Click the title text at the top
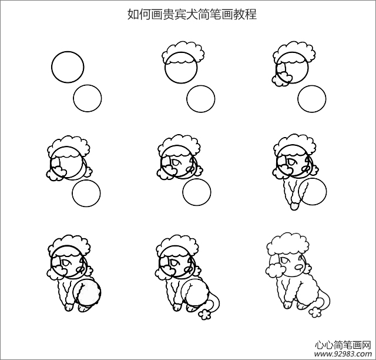click(192, 14)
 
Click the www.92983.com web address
click(343, 354)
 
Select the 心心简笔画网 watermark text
click(343, 345)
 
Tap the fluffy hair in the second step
click(183, 54)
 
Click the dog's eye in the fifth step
click(175, 162)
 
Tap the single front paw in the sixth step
click(295, 206)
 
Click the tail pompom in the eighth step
click(204, 314)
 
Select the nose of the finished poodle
click(299, 267)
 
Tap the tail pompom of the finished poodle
click(315, 312)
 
